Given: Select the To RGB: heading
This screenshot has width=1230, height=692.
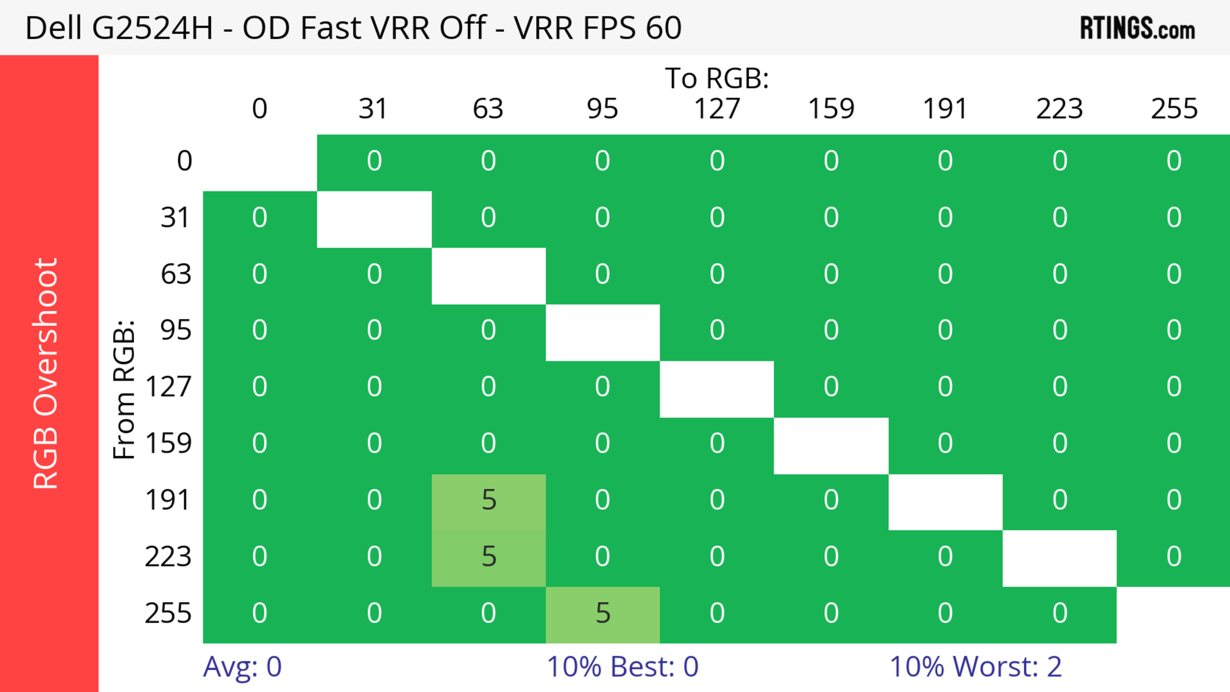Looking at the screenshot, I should click(717, 78).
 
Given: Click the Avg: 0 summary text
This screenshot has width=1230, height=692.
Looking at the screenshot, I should click(242, 667).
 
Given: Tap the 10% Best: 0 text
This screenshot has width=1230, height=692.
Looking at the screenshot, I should click(622, 667).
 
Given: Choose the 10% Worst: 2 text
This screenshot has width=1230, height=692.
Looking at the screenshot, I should click(975, 667).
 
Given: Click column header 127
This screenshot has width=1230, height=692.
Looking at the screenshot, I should click(717, 109).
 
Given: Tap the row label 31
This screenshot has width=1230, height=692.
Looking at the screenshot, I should click(176, 218).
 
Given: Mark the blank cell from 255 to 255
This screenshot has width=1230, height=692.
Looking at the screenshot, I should click(1173, 615).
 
